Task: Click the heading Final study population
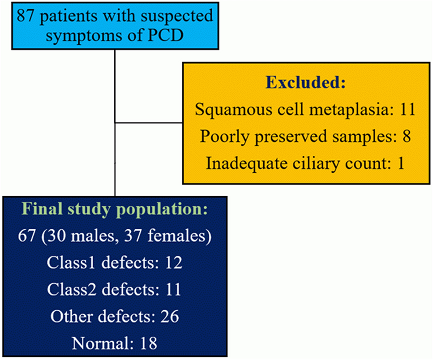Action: [115, 210]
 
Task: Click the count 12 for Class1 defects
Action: [174, 263]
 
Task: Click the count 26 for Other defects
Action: [170, 316]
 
